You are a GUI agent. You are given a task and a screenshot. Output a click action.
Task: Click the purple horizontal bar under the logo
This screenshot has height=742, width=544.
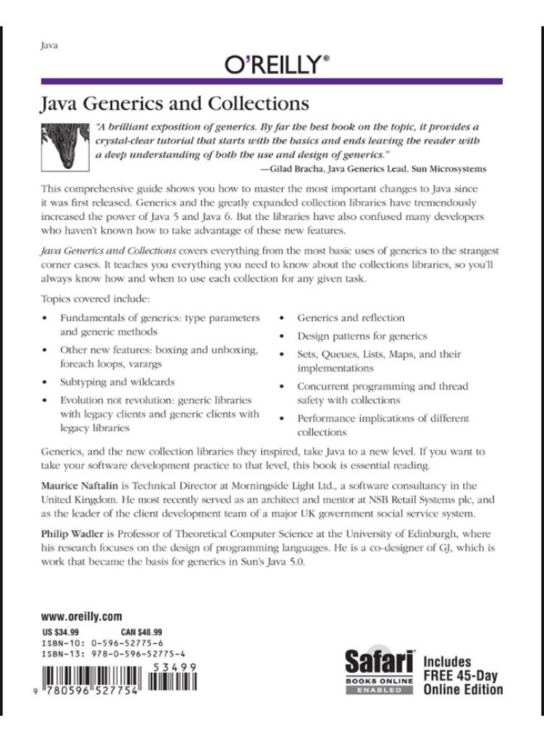coord(272,81)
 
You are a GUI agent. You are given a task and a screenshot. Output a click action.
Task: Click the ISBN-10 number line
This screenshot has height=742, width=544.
coord(106,642)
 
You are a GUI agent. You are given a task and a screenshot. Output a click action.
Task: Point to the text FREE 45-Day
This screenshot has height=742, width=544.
coord(462,675)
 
